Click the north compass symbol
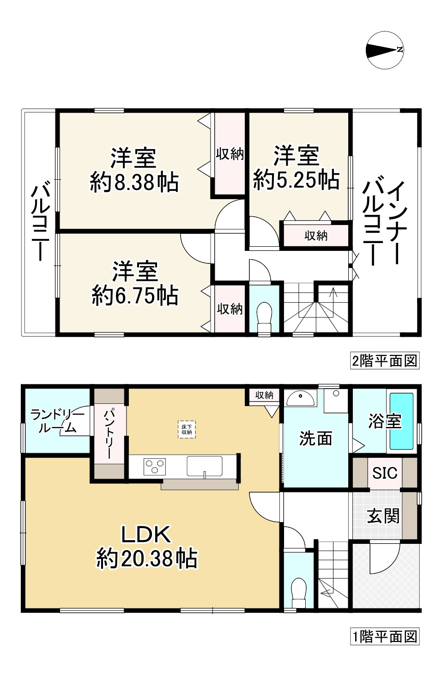click(x=385, y=50)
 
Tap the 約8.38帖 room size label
click(x=134, y=182)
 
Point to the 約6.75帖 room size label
click(x=135, y=295)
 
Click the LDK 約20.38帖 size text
click(x=147, y=558)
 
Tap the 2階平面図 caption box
click(x=385, y=360)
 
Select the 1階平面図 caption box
click(x=385, y=636)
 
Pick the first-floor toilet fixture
click(x=299, y=591)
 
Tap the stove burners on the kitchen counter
click(x=155, y=466)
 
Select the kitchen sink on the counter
click(x=204, y=466)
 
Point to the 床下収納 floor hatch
click(x=187, y=429)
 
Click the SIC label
click(x=385, y=473)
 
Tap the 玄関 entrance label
click(x=383, y=516)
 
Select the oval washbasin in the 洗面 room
click(x=300, y=397)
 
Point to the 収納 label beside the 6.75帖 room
click(x=230, y=309)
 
